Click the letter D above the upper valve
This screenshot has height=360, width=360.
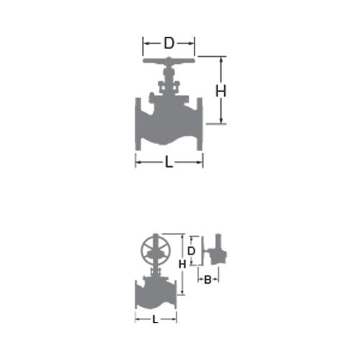coord(168,43)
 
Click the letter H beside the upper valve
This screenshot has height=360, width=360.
coord(221,91)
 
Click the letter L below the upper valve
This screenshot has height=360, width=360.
coord(169,163)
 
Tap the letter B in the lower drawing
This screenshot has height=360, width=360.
coord(207,279)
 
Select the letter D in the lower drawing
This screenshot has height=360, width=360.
coord(192,251)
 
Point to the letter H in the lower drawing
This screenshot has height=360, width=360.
coord(182,264)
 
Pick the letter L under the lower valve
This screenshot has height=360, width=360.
coord(156,320)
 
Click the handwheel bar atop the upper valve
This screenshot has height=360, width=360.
coord(168,60)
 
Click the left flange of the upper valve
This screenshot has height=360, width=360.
coord(138,124)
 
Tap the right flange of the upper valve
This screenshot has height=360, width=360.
coord(199,124)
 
